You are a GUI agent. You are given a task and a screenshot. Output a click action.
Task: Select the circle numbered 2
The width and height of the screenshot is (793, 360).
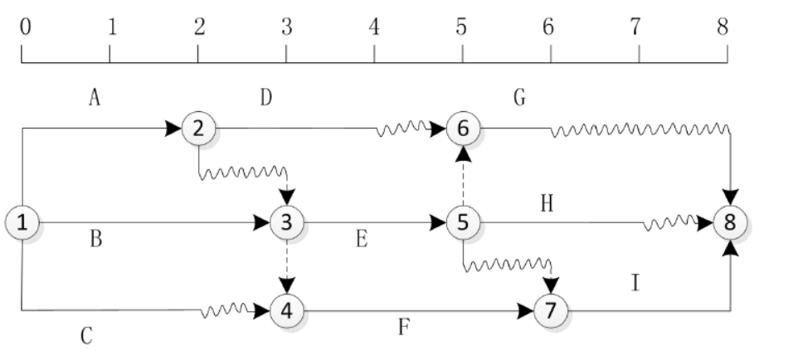(198, 128)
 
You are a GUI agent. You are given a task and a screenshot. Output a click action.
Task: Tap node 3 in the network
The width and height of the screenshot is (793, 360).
(287, 222)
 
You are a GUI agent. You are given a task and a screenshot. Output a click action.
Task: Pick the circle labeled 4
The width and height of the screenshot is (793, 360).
(287, 311)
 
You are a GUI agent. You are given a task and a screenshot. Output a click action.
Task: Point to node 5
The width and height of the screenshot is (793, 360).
(463, 222)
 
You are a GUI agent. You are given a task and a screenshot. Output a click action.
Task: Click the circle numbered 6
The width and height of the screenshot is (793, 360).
(463, 128)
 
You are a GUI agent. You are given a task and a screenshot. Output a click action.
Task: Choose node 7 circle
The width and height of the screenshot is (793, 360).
(550, 311)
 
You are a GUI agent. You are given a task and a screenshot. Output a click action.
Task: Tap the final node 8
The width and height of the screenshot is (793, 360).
(730, 222)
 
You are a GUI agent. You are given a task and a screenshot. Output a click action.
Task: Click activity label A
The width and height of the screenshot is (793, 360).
(95, 98)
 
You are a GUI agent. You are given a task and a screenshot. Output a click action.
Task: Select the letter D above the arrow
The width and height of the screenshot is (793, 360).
(265, 98)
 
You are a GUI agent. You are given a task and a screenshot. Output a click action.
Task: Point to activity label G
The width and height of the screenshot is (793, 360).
(520, 98)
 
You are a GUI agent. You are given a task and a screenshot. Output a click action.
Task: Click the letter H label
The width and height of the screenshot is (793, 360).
(547, 204)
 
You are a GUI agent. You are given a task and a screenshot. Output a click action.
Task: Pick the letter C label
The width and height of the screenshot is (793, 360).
(85, 336)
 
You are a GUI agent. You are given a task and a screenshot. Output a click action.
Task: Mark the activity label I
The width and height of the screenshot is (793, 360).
(635, 284)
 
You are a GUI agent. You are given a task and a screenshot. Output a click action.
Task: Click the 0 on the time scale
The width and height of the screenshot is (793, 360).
(25, 27)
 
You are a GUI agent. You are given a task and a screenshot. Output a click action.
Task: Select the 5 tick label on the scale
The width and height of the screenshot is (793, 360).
(461, 27)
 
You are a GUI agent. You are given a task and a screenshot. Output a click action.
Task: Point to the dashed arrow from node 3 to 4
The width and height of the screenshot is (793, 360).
(287, 266)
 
